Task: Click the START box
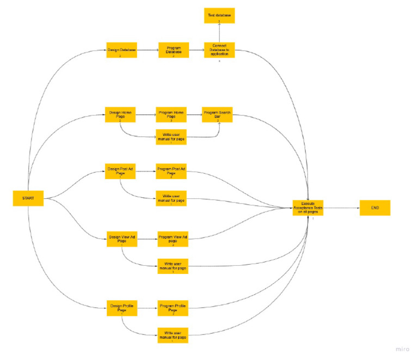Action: coord(28,198)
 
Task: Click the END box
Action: coord(374,208)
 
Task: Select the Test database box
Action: coord(219,15)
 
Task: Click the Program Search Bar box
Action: coord(218,115)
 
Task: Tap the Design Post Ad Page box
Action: coord(120,172)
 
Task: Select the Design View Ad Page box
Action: coord(121,239)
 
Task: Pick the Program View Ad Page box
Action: coord(173,239)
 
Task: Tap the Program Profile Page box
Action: coord(173,308)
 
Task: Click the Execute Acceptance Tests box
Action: coord(309,208)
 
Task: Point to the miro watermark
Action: coord(403,349)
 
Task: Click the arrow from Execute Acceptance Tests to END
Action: coord(342,208)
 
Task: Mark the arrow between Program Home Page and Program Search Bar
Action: coord(194,115)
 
